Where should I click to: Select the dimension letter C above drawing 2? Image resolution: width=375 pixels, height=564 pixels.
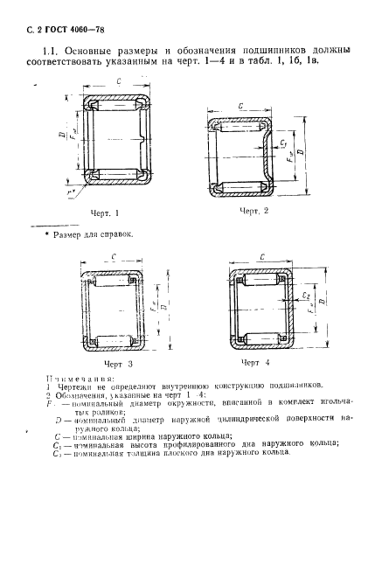pyautogui.click(x=240, y=104)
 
